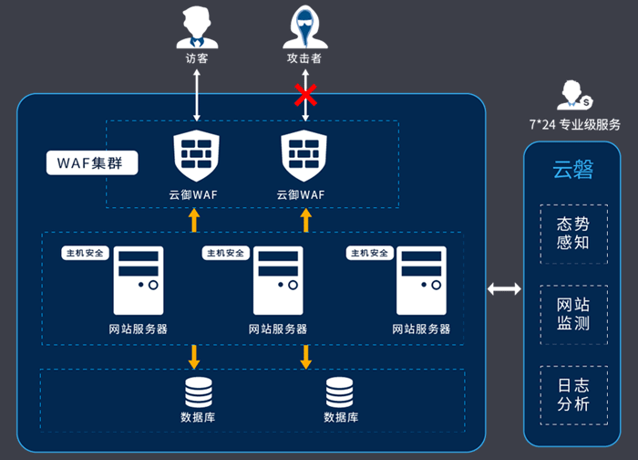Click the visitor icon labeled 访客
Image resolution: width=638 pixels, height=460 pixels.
click(x=198, y=26)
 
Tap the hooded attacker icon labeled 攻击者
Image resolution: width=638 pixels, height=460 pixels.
click(x=305, y=26)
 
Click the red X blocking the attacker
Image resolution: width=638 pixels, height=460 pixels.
click(x=305, y=95)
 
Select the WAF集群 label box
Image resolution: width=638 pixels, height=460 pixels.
click(x=92, y=163)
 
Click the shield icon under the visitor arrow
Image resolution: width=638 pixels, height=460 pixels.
click(x=197, y=156)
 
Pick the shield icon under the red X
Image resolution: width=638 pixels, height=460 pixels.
click(x=304, y=156)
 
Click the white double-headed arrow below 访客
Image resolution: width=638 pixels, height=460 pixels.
click(x=197, y=95)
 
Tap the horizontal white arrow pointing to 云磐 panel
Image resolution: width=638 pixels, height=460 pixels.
click(x=504, y=289)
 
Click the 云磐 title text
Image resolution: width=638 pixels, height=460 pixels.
click(x=573, y=170)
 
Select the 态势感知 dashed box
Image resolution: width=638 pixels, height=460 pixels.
click(x=573, y=235)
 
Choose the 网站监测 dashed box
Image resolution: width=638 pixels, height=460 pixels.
click(x=573, y=315)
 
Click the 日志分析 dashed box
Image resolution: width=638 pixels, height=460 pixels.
click(x=573, y=395)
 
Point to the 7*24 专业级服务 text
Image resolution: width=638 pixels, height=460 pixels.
click(x=574, y=125)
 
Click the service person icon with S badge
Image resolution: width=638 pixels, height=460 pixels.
click(x=574, y=95)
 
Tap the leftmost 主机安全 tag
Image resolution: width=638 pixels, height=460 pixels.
click(x=85, y=253)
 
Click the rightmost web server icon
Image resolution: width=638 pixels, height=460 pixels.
click(x=421, y=280)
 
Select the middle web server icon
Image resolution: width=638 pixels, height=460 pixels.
click(x=278, y=280)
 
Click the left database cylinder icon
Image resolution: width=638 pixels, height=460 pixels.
click(x=199, y=392)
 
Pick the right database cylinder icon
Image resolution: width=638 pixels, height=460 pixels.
click(x=339, y=392)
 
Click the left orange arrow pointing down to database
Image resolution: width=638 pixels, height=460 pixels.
click(x=194, y=357)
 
